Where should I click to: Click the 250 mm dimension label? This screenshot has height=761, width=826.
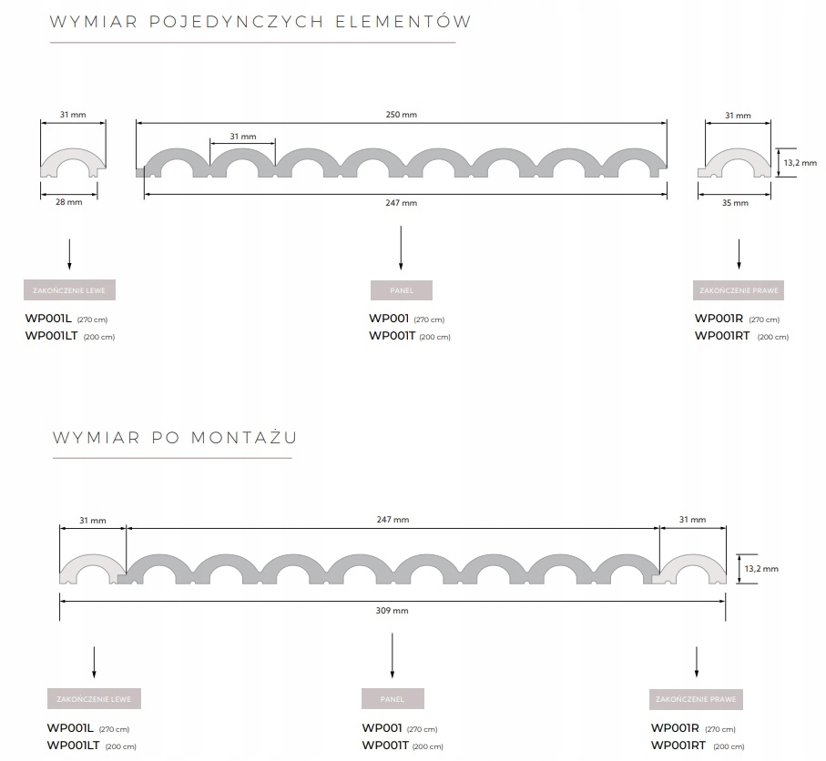pos(401,115)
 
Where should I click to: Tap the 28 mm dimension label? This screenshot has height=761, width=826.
pos(69,202)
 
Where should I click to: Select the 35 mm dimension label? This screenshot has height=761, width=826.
pos(735,203)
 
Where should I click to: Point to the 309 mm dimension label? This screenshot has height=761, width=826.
pos(392,611)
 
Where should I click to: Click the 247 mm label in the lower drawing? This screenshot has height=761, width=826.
pos(393,519)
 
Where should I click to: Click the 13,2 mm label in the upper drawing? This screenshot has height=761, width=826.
pos(801,163)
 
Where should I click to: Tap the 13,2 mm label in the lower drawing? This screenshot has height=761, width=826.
pos(761,569)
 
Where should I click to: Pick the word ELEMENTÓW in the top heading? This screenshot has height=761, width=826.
pos(403,21)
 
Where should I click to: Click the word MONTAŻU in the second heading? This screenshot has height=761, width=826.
pos(244,437)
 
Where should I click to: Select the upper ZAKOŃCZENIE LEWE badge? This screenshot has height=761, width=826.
pos(69,290)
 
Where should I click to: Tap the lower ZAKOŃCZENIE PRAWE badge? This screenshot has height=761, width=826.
pos(696,699)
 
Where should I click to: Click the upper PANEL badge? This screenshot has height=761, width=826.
pos(402,290)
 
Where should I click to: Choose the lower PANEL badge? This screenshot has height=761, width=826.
pos(393,699)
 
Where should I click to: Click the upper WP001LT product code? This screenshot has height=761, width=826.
pos(52,336)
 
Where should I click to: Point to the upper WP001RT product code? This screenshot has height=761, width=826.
pos(722,336)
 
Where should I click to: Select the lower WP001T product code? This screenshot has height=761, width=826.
pos(385,746)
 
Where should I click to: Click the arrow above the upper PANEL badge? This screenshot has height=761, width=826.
pos(401,248)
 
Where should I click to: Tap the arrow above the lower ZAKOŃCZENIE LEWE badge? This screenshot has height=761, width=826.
pos(94,662)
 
